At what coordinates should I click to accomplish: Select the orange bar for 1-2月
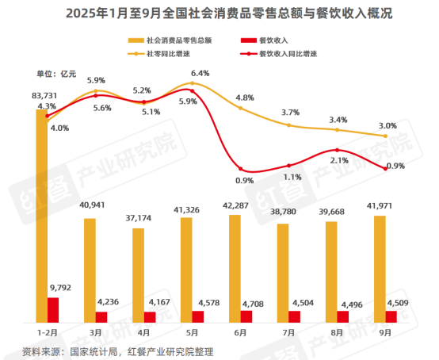[41, 214]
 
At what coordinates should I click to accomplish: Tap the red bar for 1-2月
[53, 310]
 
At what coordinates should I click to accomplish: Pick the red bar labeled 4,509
[391, 316]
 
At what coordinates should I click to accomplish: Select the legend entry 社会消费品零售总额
[170, 40]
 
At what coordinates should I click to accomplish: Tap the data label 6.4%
[200, 73]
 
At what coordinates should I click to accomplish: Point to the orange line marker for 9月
[386, 136]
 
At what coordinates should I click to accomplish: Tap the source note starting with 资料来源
[119, 350]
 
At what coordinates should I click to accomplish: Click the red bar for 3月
[102, 316]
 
